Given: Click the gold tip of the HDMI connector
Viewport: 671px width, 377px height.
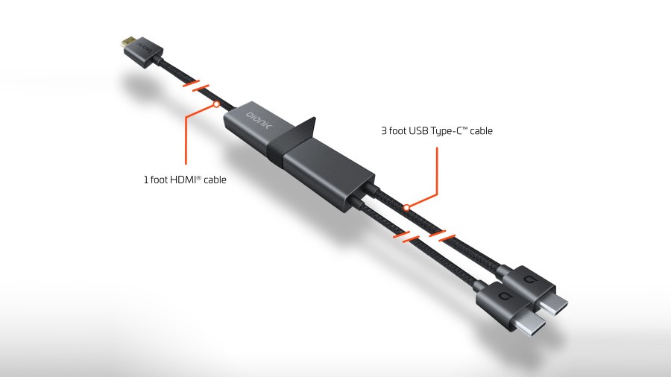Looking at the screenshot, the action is point(127,42).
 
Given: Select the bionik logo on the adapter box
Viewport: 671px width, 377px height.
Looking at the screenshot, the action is point(259,120).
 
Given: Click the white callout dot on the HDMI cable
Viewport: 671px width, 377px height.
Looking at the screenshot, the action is point(216,104).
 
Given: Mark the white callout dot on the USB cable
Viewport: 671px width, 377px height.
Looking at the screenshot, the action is point(406,208).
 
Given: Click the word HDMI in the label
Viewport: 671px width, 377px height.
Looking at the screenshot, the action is point(183,180).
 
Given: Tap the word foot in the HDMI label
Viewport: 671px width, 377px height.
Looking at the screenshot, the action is point(159,180).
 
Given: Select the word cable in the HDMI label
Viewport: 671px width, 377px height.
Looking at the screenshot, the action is point(215,180).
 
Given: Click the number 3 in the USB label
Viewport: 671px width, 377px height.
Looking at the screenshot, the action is point(384,131).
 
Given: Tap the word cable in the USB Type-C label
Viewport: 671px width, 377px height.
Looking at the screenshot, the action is point(481,131).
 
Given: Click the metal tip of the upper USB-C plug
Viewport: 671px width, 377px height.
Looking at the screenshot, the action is point(554,305).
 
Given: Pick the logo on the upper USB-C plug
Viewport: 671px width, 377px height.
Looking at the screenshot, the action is point(528,280).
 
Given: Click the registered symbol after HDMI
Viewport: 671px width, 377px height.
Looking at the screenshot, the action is point(198,177).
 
